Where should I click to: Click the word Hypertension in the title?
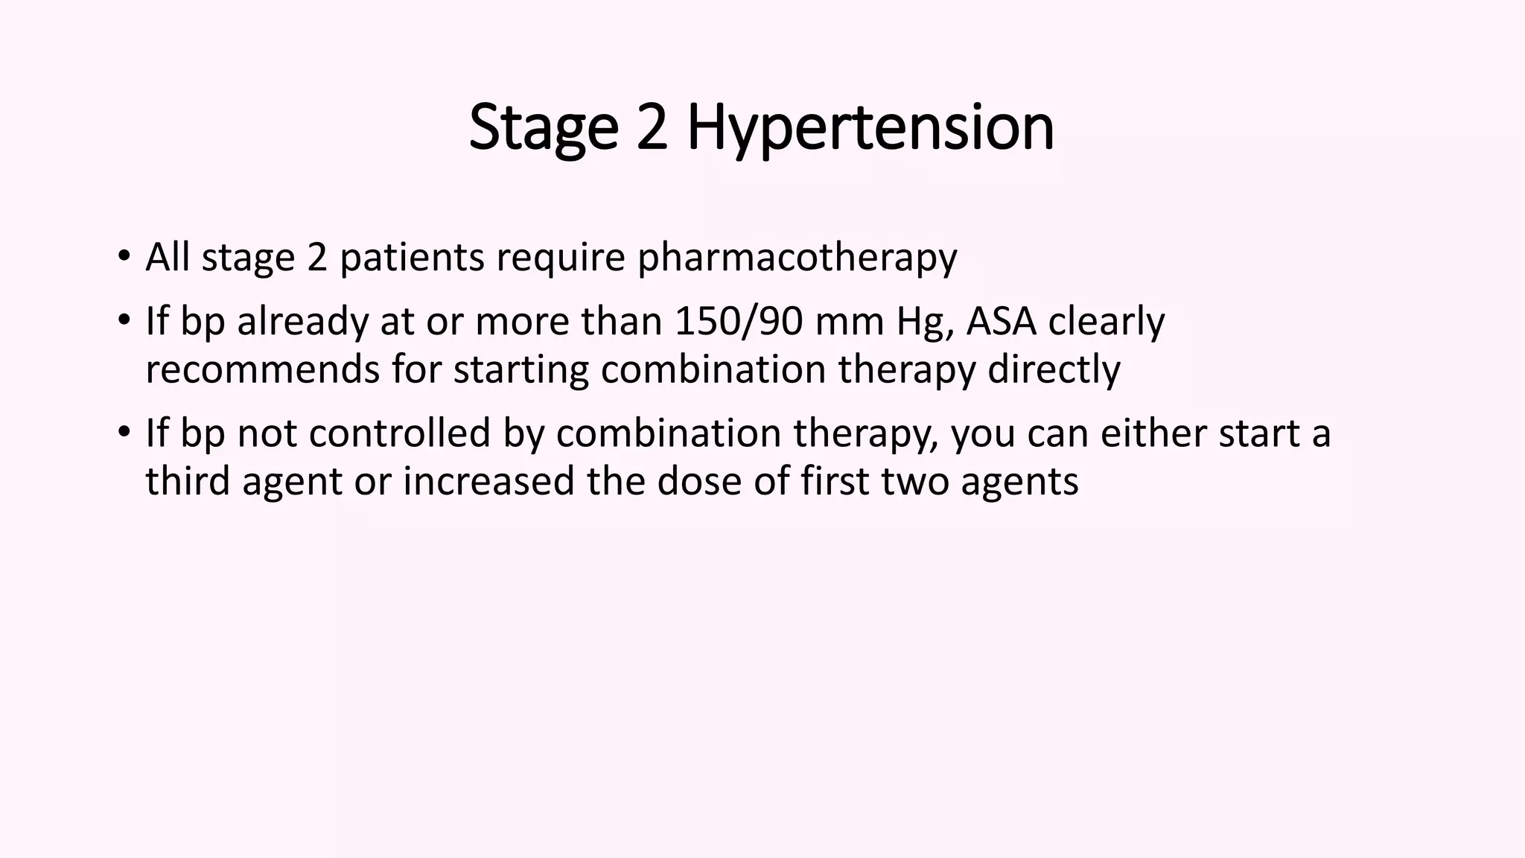pos(870,128)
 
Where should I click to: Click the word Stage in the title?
pos(544,128)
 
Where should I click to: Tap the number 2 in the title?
pos(652,128)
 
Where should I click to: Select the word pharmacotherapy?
pos(797,258)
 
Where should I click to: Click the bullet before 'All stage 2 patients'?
pos(124,258)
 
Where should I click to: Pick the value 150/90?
pos(739,322)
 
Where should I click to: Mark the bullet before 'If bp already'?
pos(124,322)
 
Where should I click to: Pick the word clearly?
pos(1106,322)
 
